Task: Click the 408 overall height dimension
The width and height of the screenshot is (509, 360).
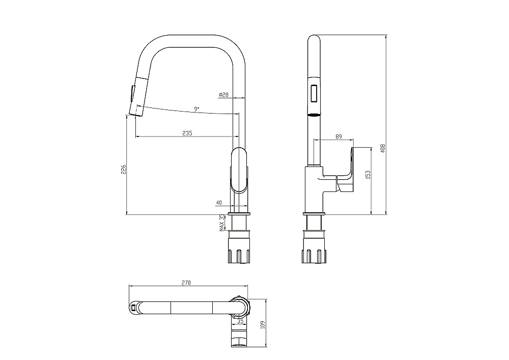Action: click(383, 148)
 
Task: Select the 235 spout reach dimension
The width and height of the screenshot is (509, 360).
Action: click(187, 133)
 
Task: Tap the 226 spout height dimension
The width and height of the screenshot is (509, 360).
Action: click(124, 169)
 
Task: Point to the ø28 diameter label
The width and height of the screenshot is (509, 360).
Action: click(224, 95)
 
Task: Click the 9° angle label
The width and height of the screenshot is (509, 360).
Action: click(196, 109)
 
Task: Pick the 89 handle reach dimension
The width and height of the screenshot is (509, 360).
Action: click(338, 136)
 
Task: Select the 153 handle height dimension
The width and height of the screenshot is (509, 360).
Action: click(368, 175)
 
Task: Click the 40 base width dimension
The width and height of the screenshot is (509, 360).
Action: click(219, 203)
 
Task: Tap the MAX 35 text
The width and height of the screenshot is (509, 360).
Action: click(222, 223)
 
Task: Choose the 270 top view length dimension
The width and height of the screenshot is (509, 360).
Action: click(186, 283)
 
